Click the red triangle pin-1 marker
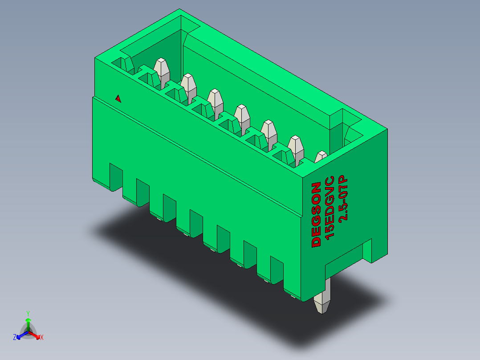tap(118, 98)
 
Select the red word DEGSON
tap(316, 214)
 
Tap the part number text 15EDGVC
tap(330, 209)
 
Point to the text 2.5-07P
tap(343, 199)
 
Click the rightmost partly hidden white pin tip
tap(321, 157)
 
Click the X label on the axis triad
tap(42, 338)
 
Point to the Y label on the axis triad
tap(28, 313)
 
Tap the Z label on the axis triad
tap(15, 338)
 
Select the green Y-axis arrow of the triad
tap(28, 323)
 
